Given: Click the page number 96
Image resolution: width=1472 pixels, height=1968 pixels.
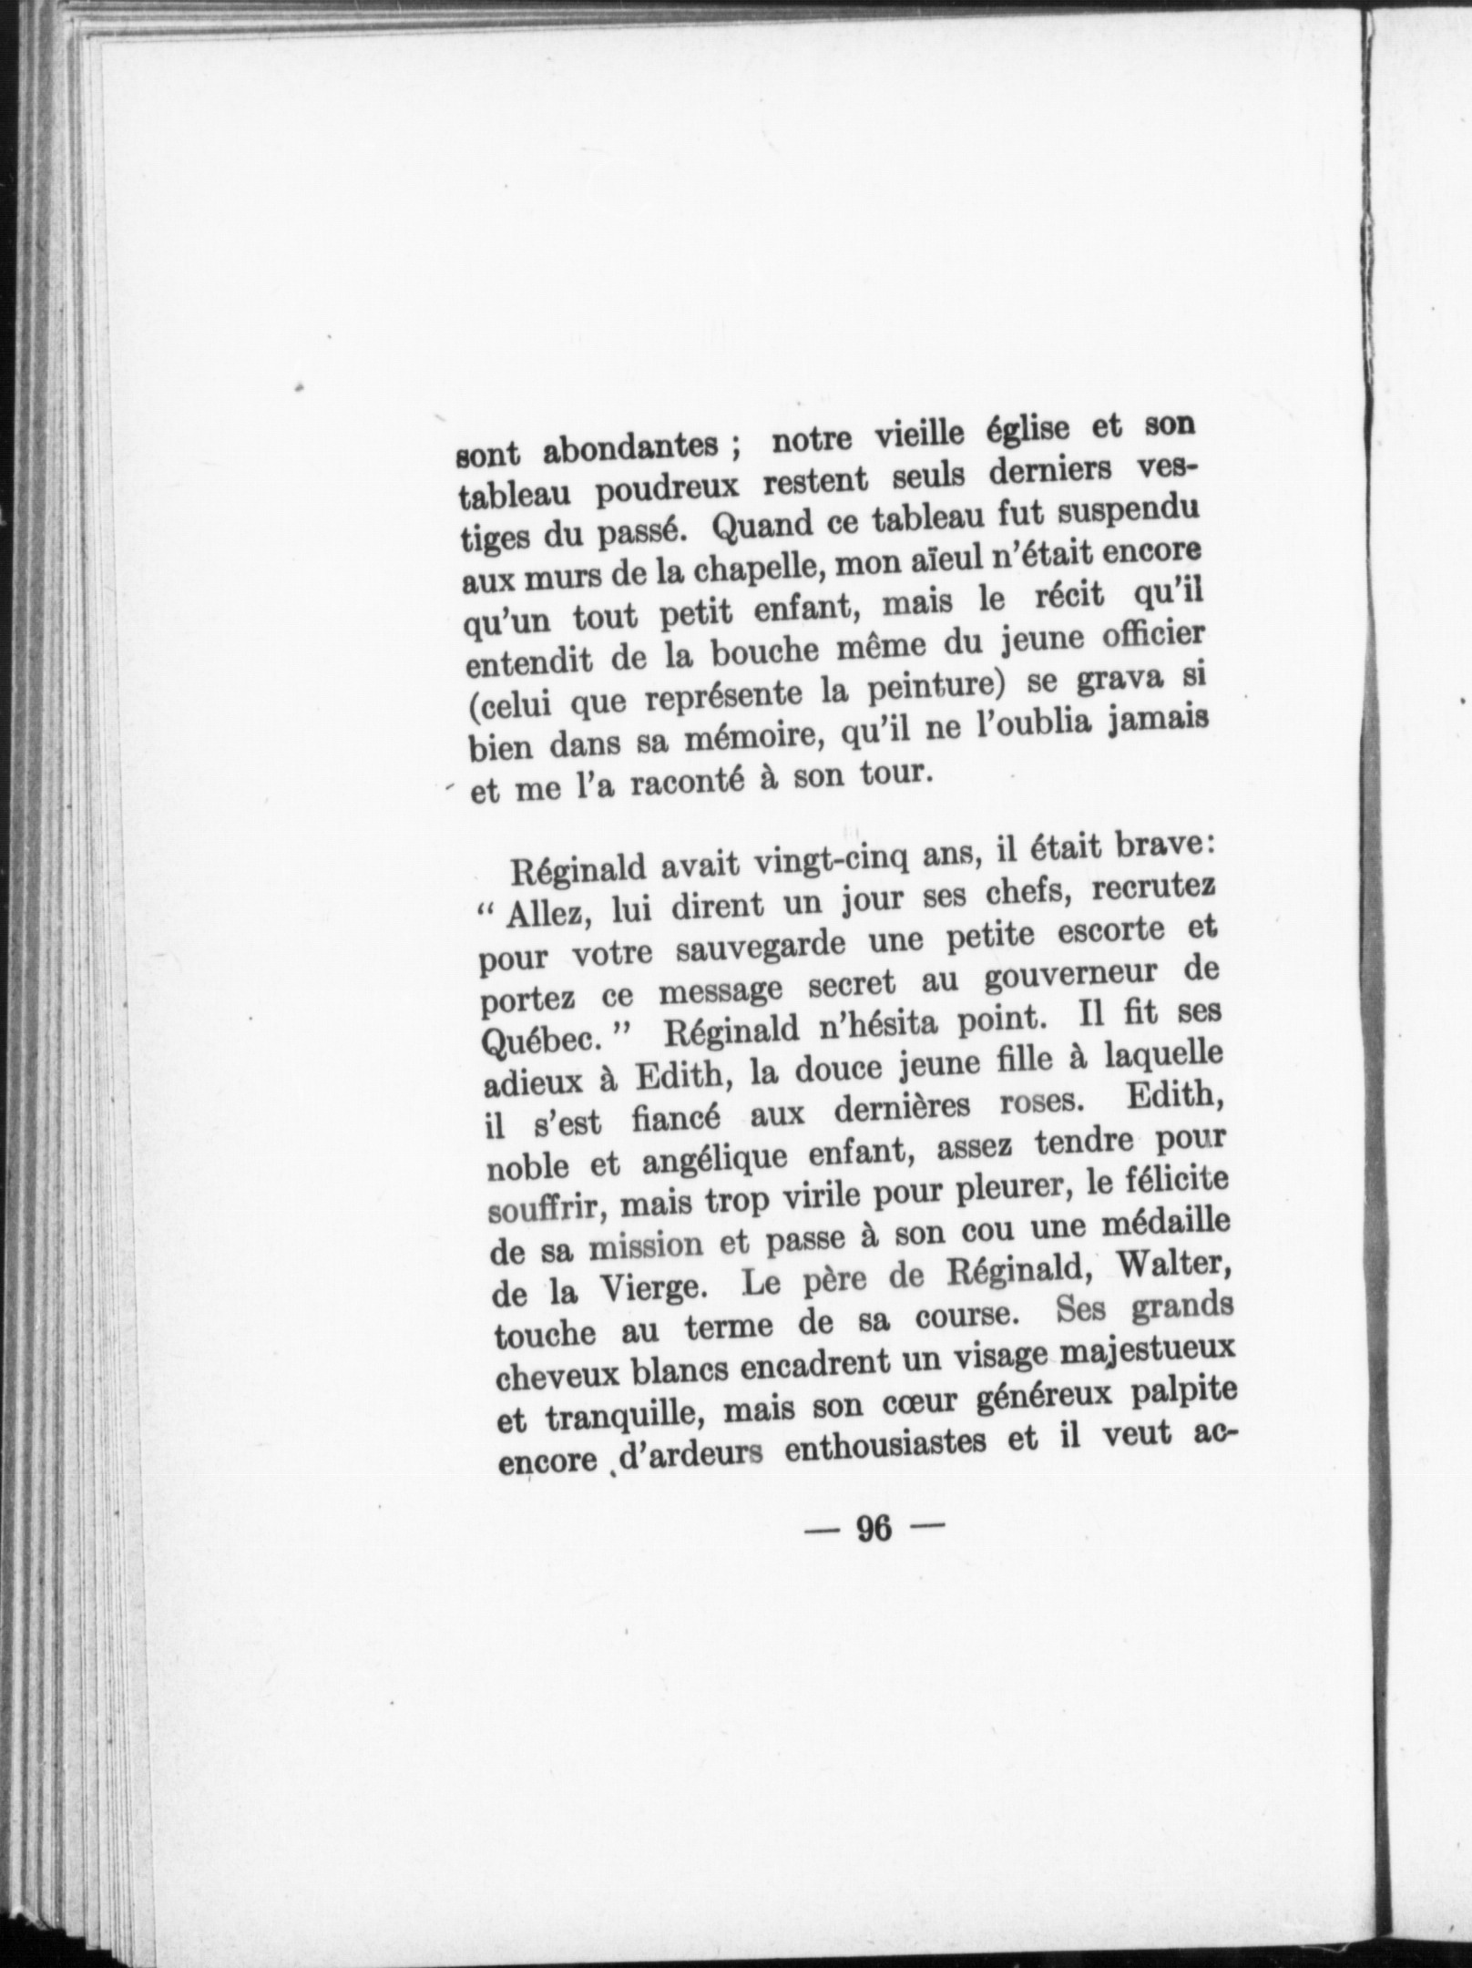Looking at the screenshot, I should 872,1803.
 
